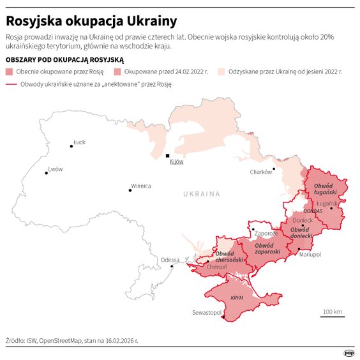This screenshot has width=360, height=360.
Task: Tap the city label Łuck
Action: coord(79,142)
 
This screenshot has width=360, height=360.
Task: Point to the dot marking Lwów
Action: coord(47,173)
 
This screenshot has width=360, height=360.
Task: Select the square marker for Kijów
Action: coord(167,155)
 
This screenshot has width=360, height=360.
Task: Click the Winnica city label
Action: coord(140,186)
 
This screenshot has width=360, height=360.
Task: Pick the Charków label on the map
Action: coord(260,172)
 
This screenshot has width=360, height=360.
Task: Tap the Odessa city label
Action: coord(170,260)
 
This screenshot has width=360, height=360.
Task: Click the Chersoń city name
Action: coord(216,267)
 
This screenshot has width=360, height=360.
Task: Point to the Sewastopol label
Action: coord(206,313)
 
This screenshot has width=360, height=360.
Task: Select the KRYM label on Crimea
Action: coord(236,298)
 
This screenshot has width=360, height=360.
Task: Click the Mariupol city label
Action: coord(310,254)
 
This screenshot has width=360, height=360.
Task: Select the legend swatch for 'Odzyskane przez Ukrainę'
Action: coord(223,71)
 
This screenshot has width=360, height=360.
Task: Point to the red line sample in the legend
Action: coord(11,84)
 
